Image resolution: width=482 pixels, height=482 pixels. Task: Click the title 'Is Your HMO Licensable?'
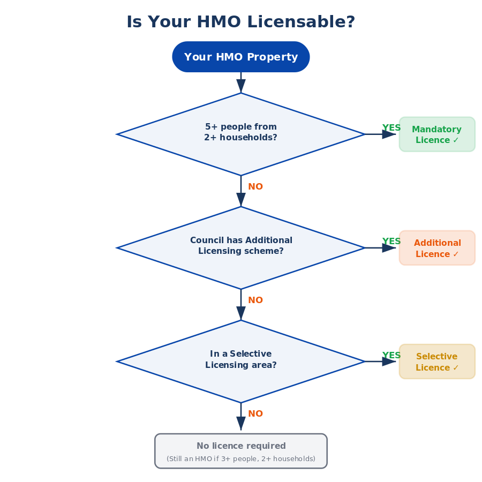(241, 22)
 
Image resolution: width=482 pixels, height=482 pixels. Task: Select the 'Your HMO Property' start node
(241, 57)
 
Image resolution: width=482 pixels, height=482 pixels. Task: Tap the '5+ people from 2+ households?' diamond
(241, 134)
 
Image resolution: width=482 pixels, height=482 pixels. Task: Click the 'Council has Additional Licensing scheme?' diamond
(241, 247)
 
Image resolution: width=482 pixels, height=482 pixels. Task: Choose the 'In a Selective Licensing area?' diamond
(241, 361)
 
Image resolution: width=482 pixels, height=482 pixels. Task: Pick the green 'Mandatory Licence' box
(437, 134)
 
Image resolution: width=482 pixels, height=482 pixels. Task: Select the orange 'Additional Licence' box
(437, 248)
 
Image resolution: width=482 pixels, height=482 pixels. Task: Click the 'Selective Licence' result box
(437, 361)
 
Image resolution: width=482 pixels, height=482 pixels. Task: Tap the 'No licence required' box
(241, 450)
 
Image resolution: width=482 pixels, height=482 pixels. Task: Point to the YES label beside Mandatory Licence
(391, 128)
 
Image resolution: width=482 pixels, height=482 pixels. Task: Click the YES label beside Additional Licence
(391, 242)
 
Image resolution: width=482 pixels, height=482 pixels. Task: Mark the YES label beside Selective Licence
(391, 356)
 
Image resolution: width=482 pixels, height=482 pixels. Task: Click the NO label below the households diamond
(255, 187)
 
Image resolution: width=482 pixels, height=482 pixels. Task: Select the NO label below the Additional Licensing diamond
(255, 300)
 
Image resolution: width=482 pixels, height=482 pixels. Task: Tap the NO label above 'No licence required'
(255, 414)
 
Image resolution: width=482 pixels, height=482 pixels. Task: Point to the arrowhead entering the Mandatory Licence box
(389, 134)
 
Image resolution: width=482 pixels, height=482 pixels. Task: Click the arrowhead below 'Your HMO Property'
(241, 86)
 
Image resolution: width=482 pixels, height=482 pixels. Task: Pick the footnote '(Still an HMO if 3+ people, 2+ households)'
(241, 459)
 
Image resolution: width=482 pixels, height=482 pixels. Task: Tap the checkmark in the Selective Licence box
(456, 368)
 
